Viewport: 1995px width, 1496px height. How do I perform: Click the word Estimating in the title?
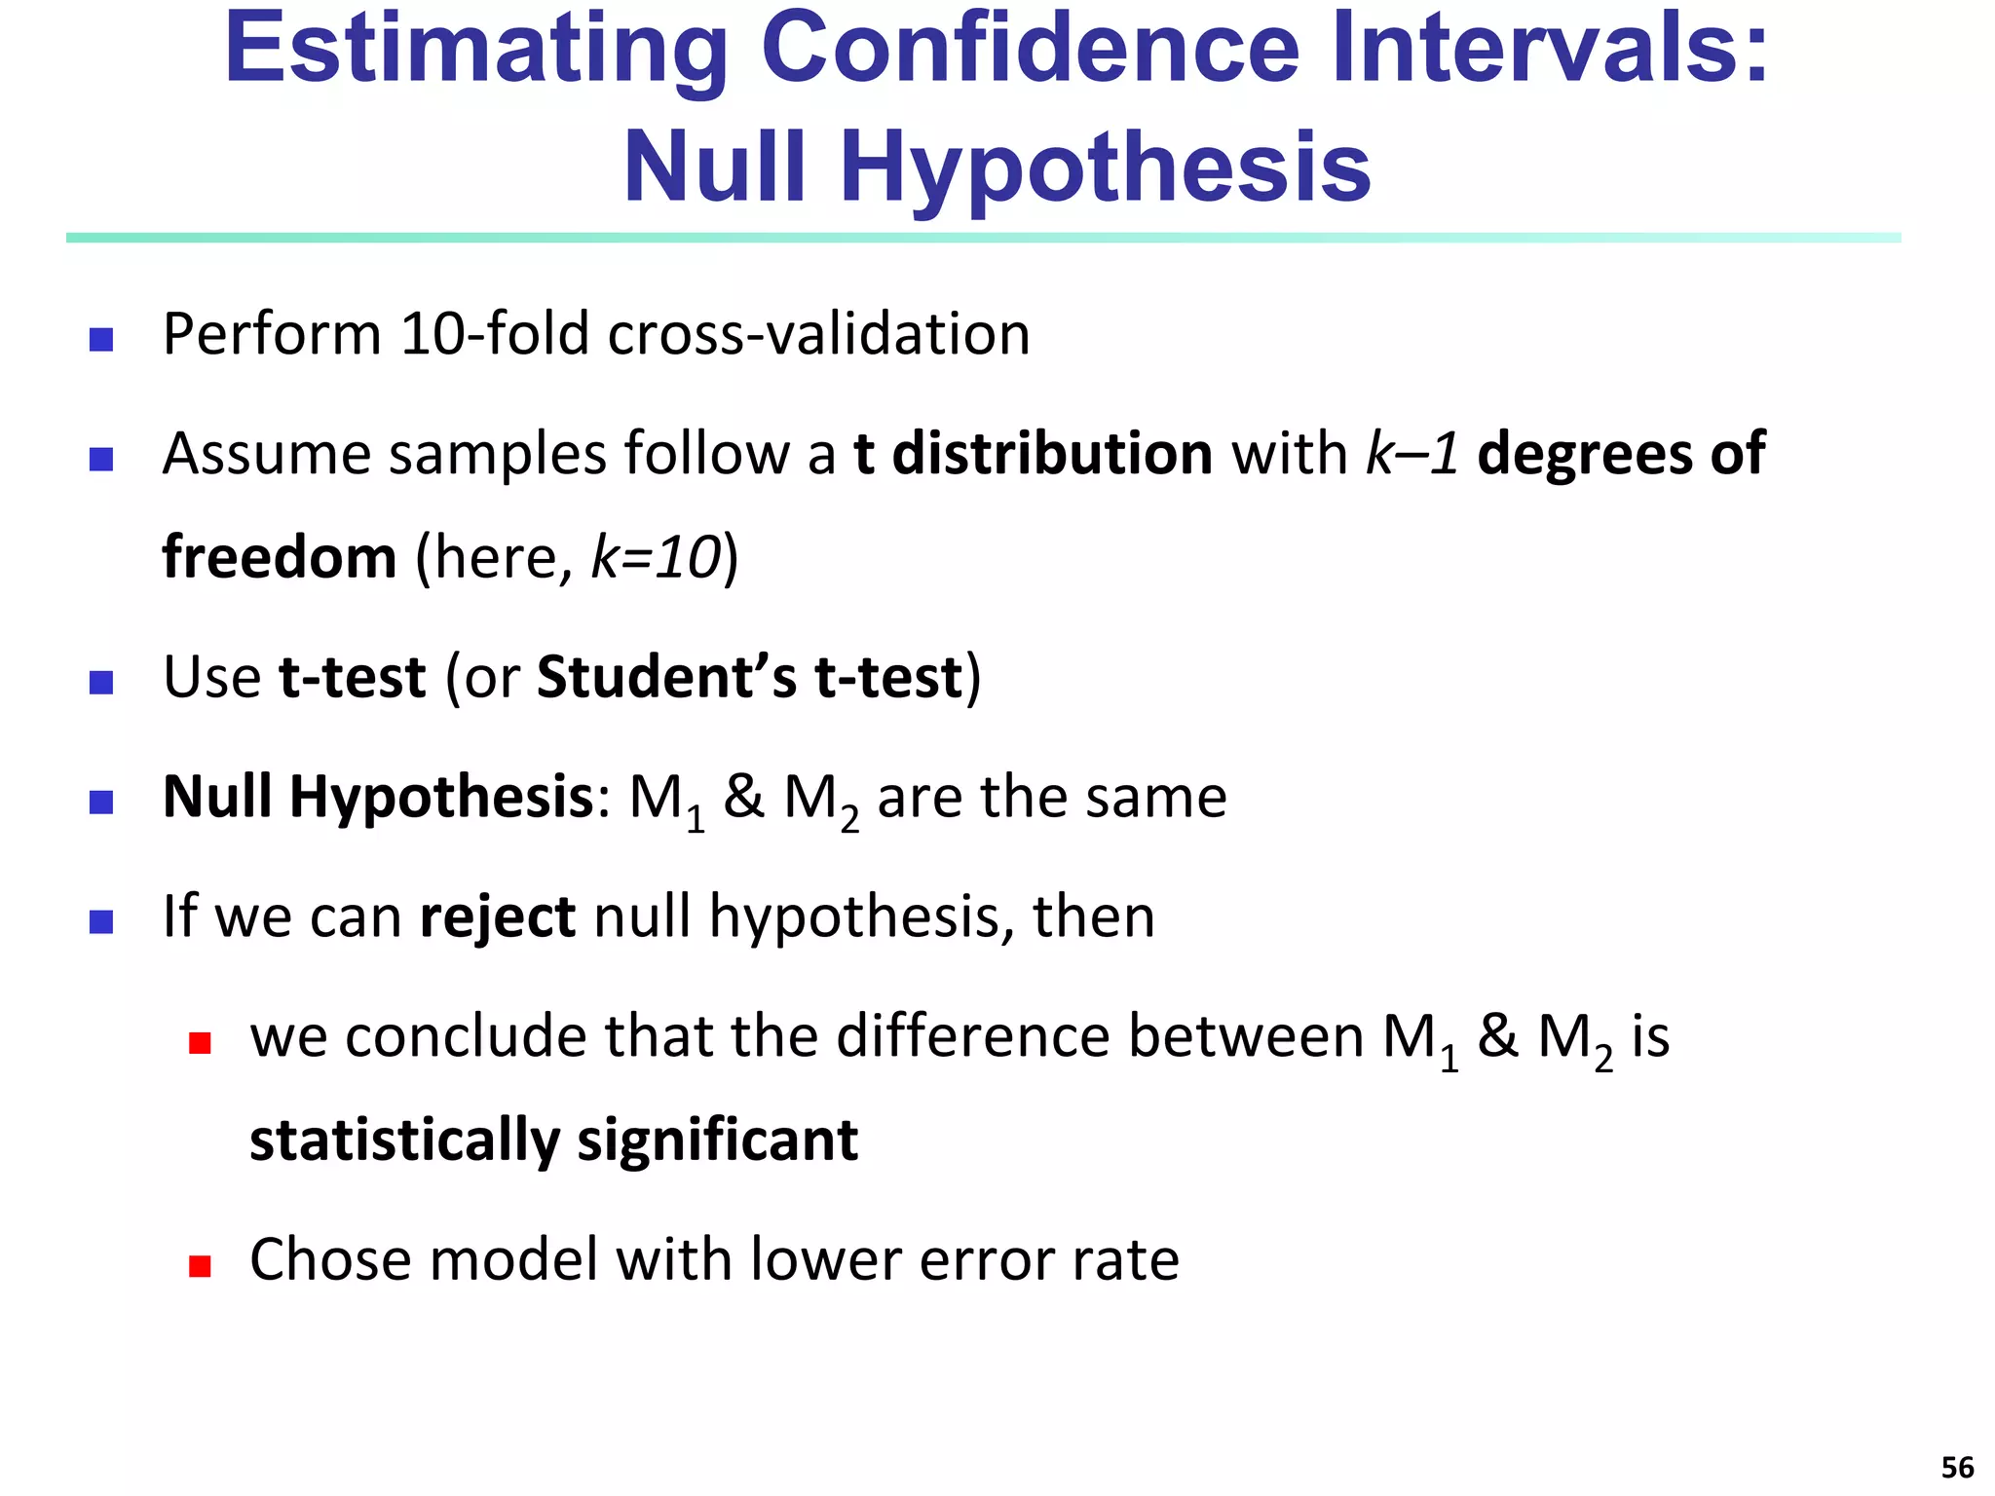point(475,49)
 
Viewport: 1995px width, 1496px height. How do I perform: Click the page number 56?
point(1957,1467)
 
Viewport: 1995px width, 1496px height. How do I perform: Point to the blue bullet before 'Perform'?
point(101,339)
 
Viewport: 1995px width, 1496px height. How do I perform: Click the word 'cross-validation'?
point(818,334)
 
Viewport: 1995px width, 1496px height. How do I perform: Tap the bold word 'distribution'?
point(1052,454)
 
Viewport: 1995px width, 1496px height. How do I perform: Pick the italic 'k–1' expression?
point(1412,454)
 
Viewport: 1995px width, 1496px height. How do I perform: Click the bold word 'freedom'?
point(280,557)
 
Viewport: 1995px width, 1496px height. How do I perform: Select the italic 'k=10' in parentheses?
point(656,557)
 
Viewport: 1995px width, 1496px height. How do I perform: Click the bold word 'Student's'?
point(666,677)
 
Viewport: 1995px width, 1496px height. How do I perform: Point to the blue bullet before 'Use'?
point(101,682)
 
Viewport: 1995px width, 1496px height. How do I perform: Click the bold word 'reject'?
point(497,917)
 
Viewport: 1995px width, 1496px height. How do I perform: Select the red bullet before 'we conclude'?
point(200,1043)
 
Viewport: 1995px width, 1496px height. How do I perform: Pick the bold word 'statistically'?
point(404,1141)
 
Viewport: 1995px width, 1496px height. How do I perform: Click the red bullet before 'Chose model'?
point(200,1266)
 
